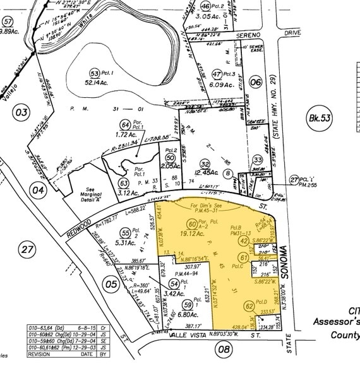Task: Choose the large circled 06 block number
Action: coord(255,82)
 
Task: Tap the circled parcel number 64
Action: coord(125,125)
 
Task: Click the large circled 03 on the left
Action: coord(21,113)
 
